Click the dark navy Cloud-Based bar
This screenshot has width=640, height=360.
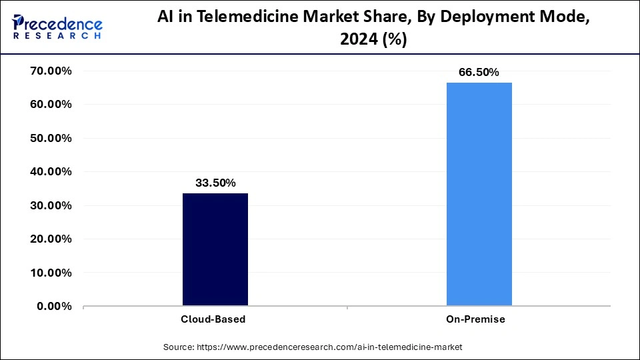tap(215, 249)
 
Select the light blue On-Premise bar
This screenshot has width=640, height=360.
tap(479, 194)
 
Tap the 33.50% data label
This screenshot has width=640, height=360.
tap(215, 183)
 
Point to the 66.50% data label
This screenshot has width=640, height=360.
tap(479, 72)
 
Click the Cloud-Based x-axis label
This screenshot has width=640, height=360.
tap(213, 319)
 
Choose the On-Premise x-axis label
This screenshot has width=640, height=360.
tap(475, 319)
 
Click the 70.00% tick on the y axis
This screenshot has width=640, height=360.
tap(51, 71)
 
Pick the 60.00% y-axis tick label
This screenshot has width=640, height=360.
tap(51, 105)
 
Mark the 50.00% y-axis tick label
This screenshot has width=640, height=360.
tap(51, 138)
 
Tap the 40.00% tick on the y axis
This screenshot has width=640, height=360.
tap(51, 172)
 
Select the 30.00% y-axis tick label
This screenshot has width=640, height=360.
tap(51, 205)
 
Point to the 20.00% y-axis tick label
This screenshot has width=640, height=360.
tap(51, 239)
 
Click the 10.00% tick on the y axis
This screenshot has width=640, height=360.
tap(51, 273)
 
